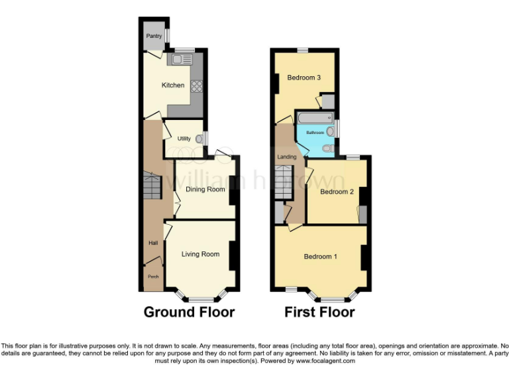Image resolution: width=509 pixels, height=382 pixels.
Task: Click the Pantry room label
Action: pos(154,36)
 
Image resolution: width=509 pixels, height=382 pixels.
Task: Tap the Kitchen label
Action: pos(173,85)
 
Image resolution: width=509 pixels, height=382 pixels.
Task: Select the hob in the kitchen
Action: pos(197,86)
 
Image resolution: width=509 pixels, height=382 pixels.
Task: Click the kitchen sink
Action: pos(181,60)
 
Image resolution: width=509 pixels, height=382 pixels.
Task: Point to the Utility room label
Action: pos(184,139)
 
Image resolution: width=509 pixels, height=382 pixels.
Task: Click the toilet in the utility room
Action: pos(199,139)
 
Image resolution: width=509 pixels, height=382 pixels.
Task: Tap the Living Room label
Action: pos(200,254)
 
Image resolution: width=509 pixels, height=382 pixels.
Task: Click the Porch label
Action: pos(152,277)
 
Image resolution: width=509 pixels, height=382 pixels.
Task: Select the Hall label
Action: pos(152,243)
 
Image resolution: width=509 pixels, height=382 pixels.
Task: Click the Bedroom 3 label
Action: pos(304,78)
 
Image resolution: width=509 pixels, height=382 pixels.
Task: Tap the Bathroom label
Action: pos(315,133)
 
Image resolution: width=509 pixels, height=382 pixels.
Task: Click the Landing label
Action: pos(286,157)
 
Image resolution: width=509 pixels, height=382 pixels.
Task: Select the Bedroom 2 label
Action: pos(337,192)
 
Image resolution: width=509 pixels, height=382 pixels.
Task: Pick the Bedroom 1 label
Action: pos(321,256)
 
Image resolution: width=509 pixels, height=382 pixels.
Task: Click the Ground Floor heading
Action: pos(189,312)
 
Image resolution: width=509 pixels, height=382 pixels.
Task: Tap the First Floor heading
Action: pos(319,312)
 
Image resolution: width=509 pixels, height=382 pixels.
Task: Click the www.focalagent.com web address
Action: pos(325,361)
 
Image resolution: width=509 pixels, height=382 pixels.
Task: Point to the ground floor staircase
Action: pos(152,186)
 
